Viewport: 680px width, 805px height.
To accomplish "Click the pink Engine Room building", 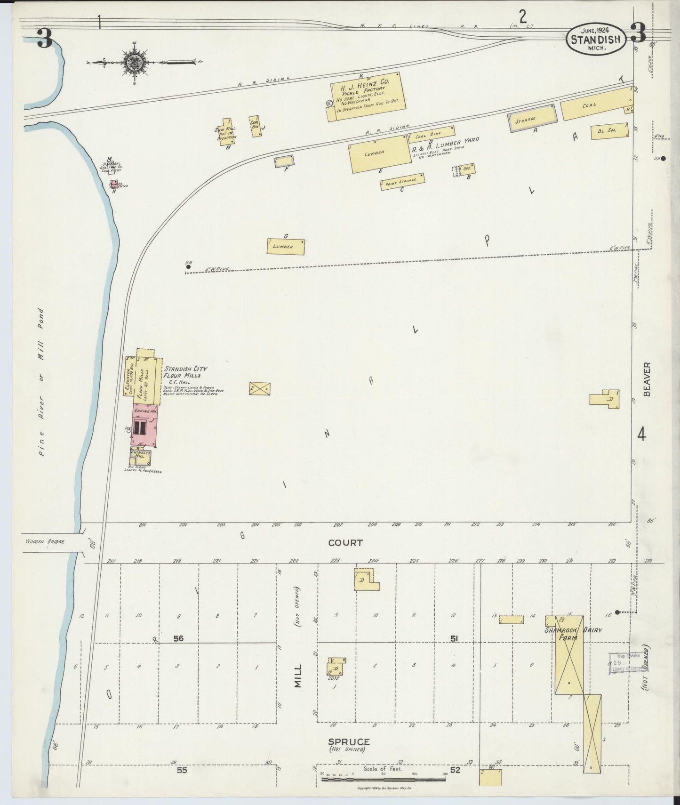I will (x=144, y=425).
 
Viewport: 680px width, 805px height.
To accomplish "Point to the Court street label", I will (x=345, y=543).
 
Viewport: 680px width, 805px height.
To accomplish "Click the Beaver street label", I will (x=647, y=379).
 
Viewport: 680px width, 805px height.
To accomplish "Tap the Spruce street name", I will (x=348, y=741).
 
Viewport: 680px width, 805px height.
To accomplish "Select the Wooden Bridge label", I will (x=45, y=541).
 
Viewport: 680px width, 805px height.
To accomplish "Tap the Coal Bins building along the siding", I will (x=431, y=134).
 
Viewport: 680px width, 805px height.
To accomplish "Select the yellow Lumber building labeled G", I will (x=286, y=247).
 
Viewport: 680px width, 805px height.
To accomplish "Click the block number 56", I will (x=178, y=638).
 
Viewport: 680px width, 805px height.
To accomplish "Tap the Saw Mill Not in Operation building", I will (x=226, y=132).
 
